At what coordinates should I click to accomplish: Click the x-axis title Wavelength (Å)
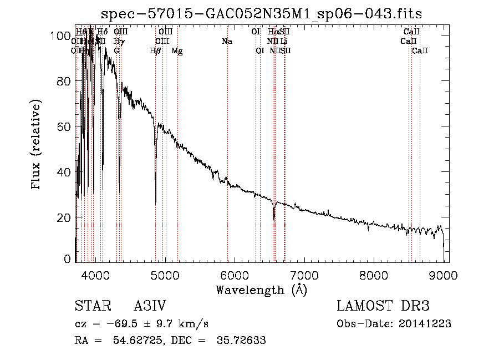point(261,290)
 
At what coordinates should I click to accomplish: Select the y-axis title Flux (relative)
point(37,145)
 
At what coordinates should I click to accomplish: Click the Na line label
point(227,42)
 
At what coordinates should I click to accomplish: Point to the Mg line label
point(177,51)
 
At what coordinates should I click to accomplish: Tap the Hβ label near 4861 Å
point(155,51)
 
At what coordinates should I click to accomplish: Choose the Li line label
point(283,42)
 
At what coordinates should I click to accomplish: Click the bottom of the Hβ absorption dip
point(155,202)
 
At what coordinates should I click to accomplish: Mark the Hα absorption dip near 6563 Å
point(274,218)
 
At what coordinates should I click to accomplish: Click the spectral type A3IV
point(150,306)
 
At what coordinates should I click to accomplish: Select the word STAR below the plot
point(89,306)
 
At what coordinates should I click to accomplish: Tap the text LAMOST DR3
point(383,306)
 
